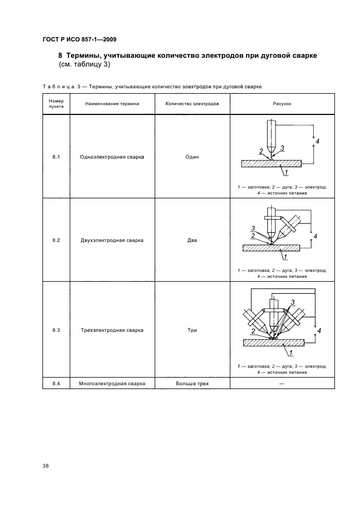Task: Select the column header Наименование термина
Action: [112, 103]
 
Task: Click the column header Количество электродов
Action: [192, 103]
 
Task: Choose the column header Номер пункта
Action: [56, 104]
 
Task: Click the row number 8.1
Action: [56, 157]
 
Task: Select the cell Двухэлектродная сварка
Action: [112, 240]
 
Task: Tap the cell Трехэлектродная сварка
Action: [112, 330]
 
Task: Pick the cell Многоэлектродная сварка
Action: [112, 384]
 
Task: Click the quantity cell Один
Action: [192, 157]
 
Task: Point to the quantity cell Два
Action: [192, 240]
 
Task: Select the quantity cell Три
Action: [192, 330]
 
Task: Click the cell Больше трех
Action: [192, 384]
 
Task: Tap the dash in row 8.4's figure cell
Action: [282, 384]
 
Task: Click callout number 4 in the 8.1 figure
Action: [318, 142]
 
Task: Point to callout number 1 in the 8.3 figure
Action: [291, 353]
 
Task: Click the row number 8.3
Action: [56, 330]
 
